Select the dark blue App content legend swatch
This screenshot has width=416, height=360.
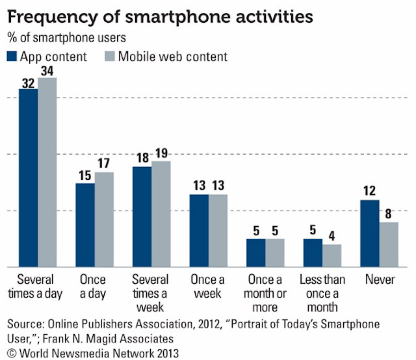pos(12,56)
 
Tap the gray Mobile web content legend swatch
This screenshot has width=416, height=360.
pos(108,56)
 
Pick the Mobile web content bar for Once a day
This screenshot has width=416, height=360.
pos(104,219)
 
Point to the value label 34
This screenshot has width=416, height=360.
pos(47,70)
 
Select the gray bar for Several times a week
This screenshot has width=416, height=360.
pos(161,214)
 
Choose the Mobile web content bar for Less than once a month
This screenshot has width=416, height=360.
pos(331,255)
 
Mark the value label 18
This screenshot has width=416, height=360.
pos(142,158)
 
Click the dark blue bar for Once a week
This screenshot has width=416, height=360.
pos(199,231)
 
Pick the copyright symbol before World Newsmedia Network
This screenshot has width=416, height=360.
pos(10,351)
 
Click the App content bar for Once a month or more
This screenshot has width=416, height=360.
pos(256,253)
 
